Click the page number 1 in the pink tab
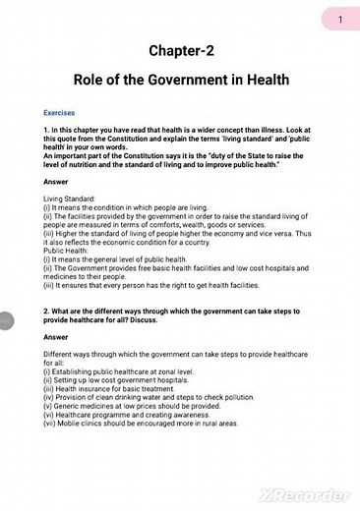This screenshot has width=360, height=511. click(x=339, y=19)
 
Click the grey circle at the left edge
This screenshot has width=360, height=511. click(x=4, y=321)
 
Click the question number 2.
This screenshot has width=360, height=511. click(x=46, y=312)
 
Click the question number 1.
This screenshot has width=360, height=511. click(x=46, y=131)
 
